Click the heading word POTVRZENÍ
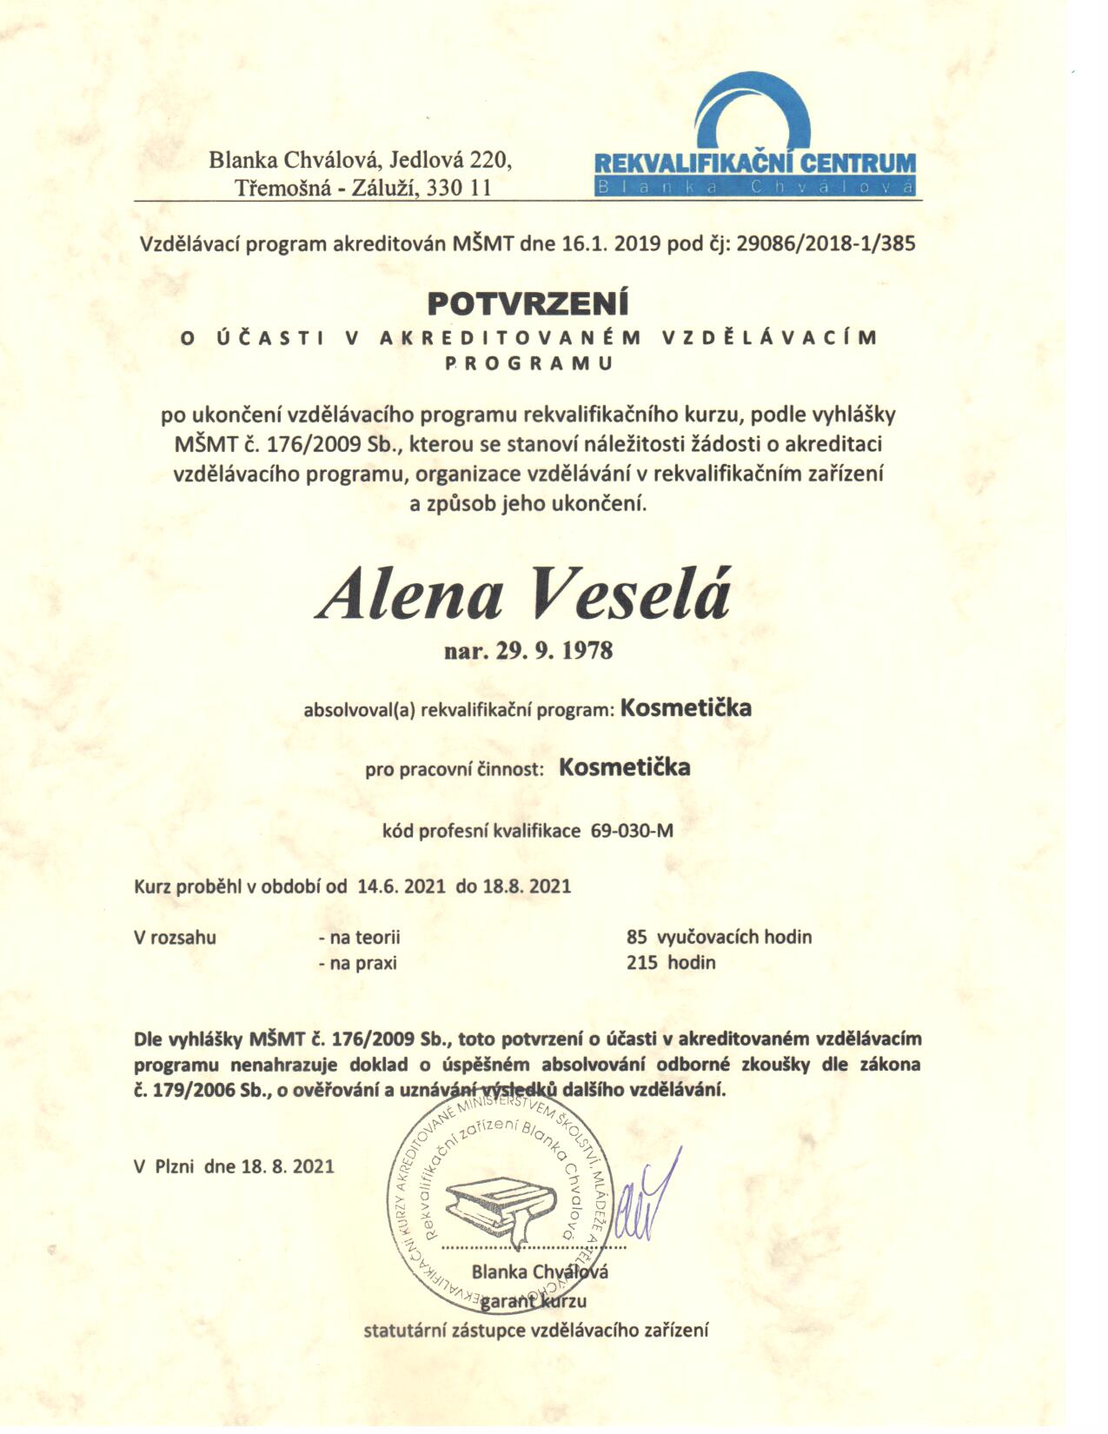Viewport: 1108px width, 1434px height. pyautogui.click(x=527, y=303)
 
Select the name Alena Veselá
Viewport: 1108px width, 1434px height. pyautogui.click(x=524, y=594)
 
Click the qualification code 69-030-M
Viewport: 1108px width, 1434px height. pyautogui.click(x=632, y=830)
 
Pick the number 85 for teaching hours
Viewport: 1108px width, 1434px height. pyautogui.click(x=637, y=937)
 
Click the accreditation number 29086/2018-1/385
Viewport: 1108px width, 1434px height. pyautogui.click(x=826, y=243)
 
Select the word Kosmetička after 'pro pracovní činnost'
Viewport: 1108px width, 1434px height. pyautogui.click(x=625, y=767)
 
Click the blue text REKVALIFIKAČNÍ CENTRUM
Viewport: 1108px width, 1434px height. pyautogui.click(x=754, y=163)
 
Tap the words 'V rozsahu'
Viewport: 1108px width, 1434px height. pyautogui.click(x=175, y=937)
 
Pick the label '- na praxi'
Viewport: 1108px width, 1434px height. pyautogui.click(x=357, y=962)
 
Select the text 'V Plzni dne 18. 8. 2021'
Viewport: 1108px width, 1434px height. pyautogui.click(x=234, y=1166)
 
